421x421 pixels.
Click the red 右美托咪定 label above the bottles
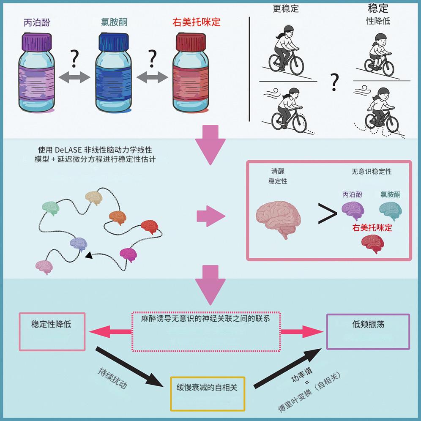[x=197, y=22]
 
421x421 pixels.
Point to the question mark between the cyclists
[x=335, y=82]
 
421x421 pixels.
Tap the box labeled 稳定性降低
[x=52, y=331]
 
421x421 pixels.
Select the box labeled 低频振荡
[x=368, y=331]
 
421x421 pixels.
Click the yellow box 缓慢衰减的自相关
[x=207, y=394]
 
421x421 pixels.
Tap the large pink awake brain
[x=279, y=216]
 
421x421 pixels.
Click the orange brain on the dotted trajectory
[x=118, y=217]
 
